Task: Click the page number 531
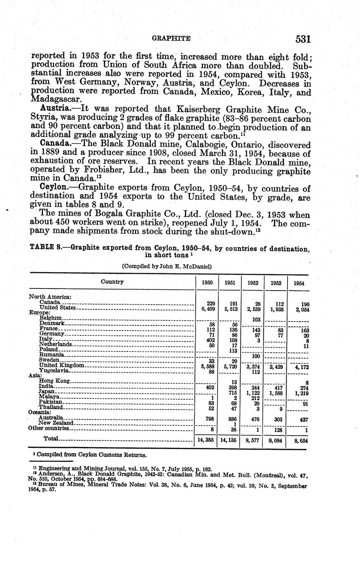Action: click(x=302, y=39)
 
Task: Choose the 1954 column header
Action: click(x=299, y=284)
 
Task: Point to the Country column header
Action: click(x=112, y=282)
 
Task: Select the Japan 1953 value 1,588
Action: click(x=275, y=393)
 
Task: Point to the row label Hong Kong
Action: click(x=54, y=381)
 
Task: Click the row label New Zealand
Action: click(x=56, y=423)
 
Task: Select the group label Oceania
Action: click(x=39, y=412)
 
